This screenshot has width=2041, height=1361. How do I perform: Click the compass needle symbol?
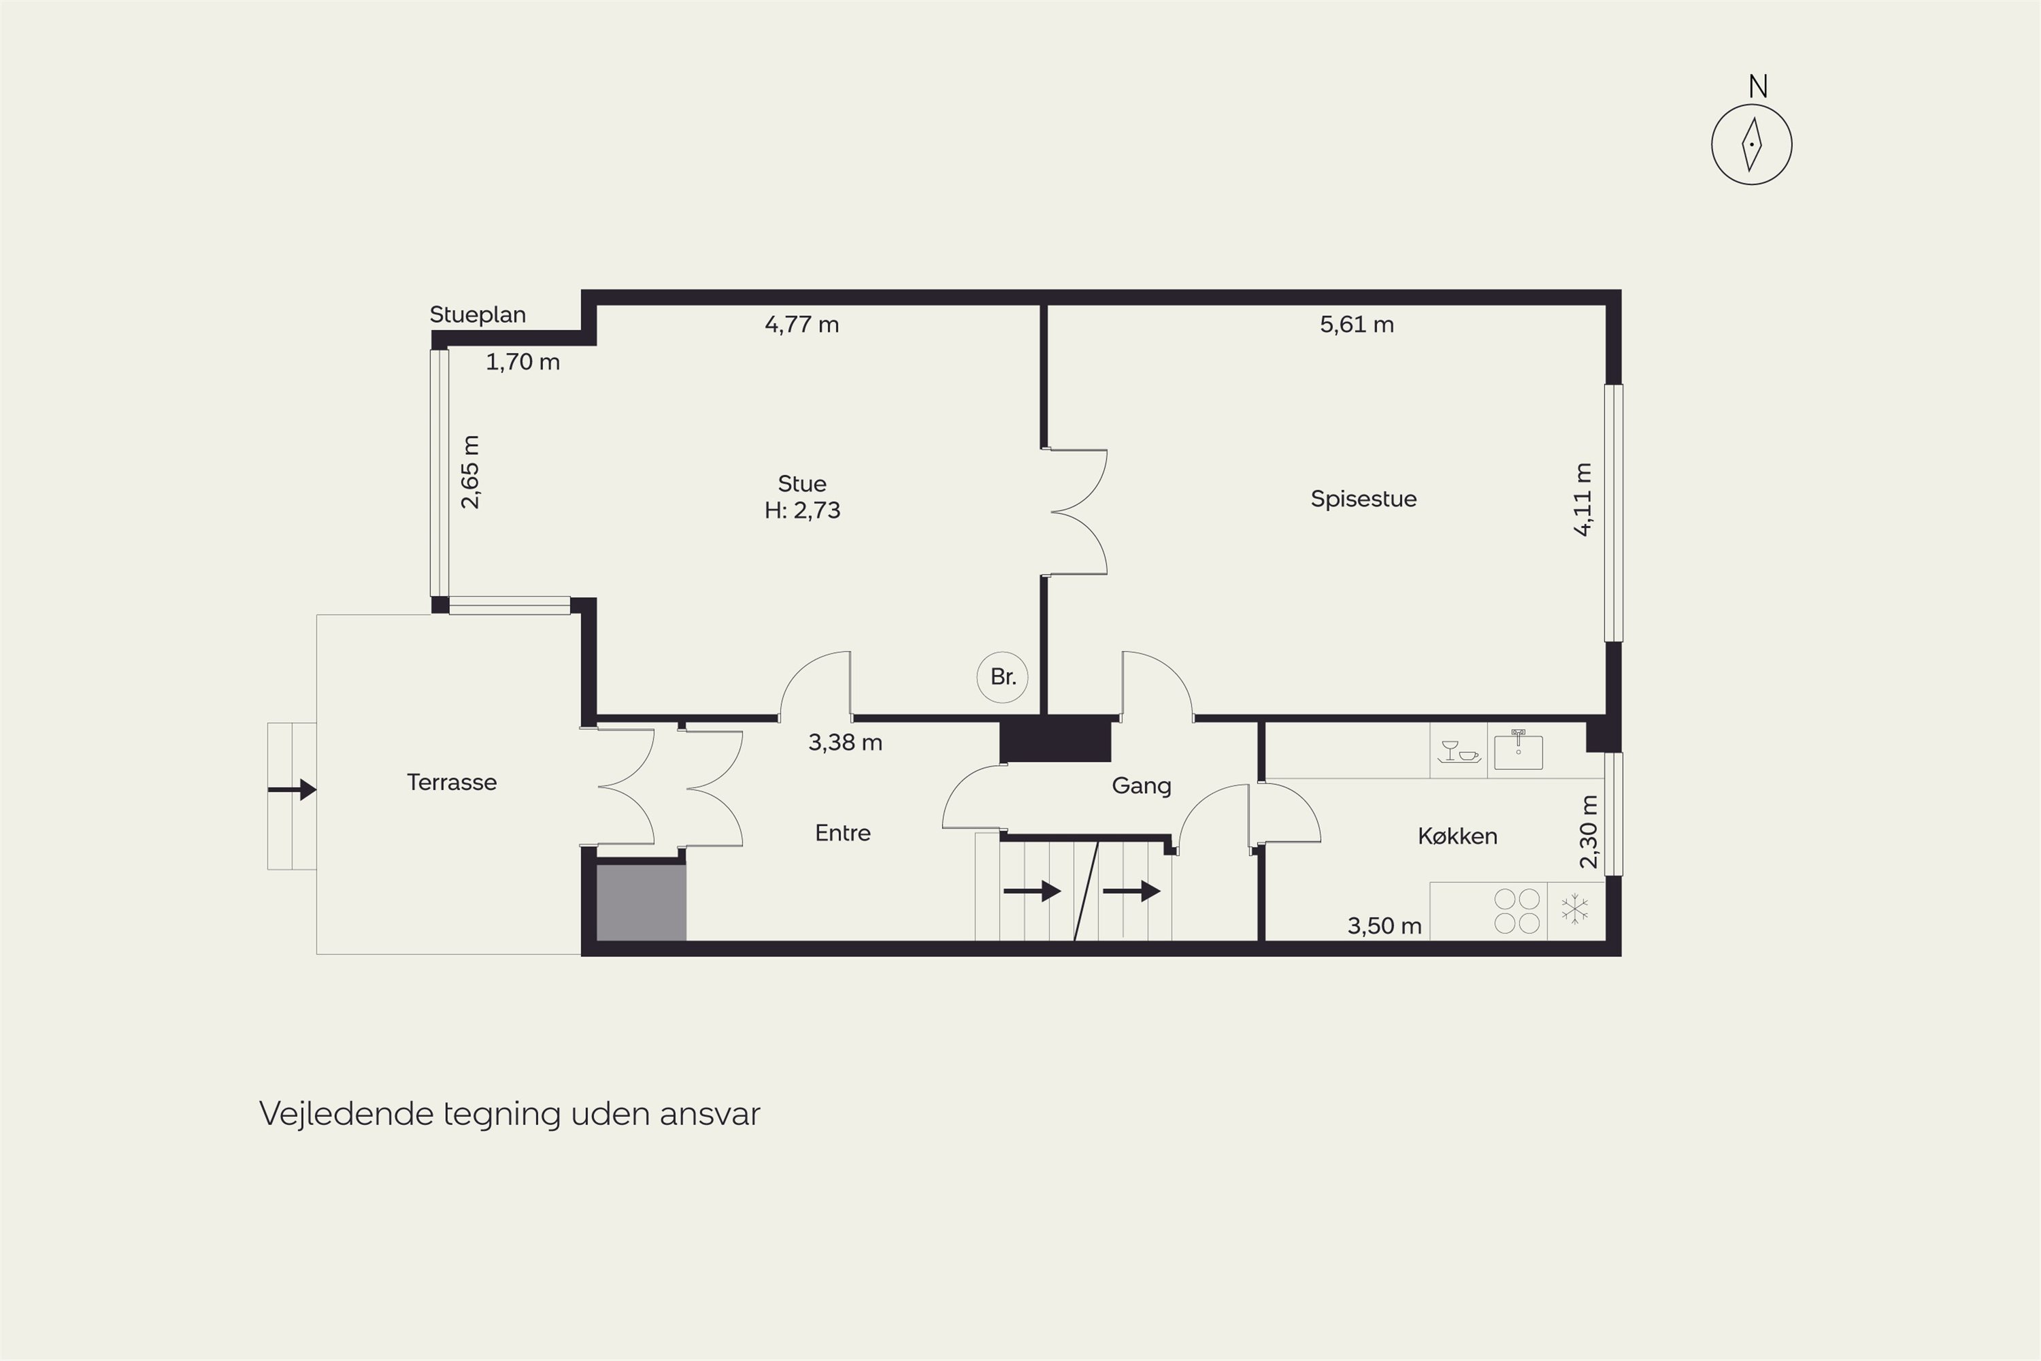pyautogui.click(x=1751, y=144)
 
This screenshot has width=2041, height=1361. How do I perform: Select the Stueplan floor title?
pyautogui.click(x=478, y=314)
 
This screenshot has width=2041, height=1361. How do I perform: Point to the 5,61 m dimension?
pyautogui.click(x=1357, y=325)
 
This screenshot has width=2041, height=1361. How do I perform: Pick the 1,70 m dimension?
pyautogui.click(x=522, y=362)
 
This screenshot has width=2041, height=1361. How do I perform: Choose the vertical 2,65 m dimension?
pyautogui.click(x=469, y=472)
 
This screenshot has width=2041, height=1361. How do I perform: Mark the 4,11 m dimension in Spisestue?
pyautogui.click(x=1583, y=500)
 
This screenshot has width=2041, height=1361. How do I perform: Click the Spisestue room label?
pyautogui.click(x=1363, y=499)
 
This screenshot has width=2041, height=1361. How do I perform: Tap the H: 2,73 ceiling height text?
pyautogui.click(x=802, y=510)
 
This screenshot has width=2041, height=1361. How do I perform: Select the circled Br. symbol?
pyautogui.click(x=1002, y=677)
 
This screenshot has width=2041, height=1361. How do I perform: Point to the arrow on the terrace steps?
pyautogui.click(x=292, y=790)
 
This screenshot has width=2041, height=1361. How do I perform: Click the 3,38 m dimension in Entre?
pyautogui.click(x=845, y=743)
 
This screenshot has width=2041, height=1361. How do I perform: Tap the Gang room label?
pyautogui.click(x=1141, y=785)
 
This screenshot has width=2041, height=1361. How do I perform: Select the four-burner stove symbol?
pyautogui.click(x=1517, y=911)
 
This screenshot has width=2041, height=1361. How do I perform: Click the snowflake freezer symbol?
pyautogui.click(x=1575, y=910)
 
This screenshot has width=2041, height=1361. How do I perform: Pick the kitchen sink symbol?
pyautogui.click(x=1518, y=751)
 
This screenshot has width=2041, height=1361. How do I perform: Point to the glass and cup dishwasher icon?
pyautogui.click(x=1459, y=752)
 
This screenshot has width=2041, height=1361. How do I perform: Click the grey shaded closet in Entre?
pyautogui.click(x=642, y=902)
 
